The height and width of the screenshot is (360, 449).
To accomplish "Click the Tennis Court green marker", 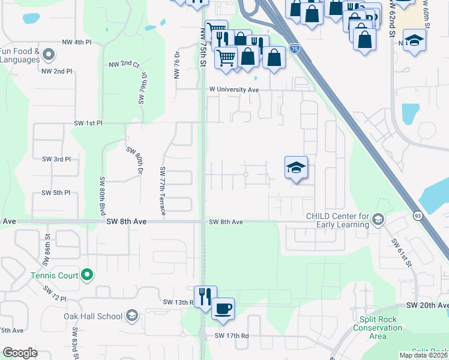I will tap(87, 275).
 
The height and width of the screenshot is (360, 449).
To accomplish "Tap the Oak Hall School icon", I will tap(133, 316).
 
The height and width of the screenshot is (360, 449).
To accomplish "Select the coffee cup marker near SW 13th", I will tap(223, 308).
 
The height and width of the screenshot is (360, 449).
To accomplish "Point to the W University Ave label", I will tap(234, 89).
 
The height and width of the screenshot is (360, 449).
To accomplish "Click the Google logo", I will tap(20, 353).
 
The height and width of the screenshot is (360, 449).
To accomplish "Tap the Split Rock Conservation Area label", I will tap(378, 328).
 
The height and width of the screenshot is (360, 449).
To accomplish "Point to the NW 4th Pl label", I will tap(76, 43).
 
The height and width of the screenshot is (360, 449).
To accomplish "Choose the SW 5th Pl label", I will tap(56, 193).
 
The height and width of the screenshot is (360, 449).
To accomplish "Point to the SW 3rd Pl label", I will tap(56, 159).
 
